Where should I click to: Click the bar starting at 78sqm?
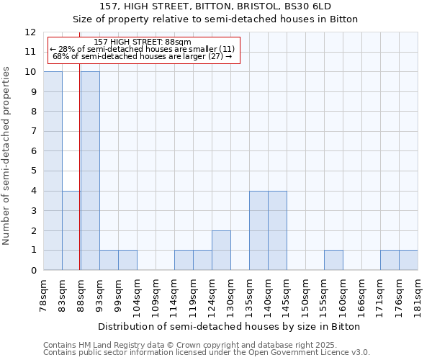pos(53,171)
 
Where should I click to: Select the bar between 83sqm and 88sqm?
pos(71,230)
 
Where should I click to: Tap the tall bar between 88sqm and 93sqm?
pos(90,171)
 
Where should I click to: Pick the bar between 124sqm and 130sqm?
pos(221,250)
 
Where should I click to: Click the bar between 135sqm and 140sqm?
pos(258,230)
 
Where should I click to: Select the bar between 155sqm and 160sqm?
pos(333,260)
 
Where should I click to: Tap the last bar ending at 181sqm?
pos(408,260)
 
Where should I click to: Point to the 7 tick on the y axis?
pos(33,131)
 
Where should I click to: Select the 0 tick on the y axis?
pos(33,270)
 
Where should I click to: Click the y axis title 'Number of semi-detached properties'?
pos(6,156)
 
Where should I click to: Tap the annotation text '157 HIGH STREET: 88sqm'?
pos(142,42)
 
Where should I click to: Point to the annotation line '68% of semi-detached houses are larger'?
pos(142,56)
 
